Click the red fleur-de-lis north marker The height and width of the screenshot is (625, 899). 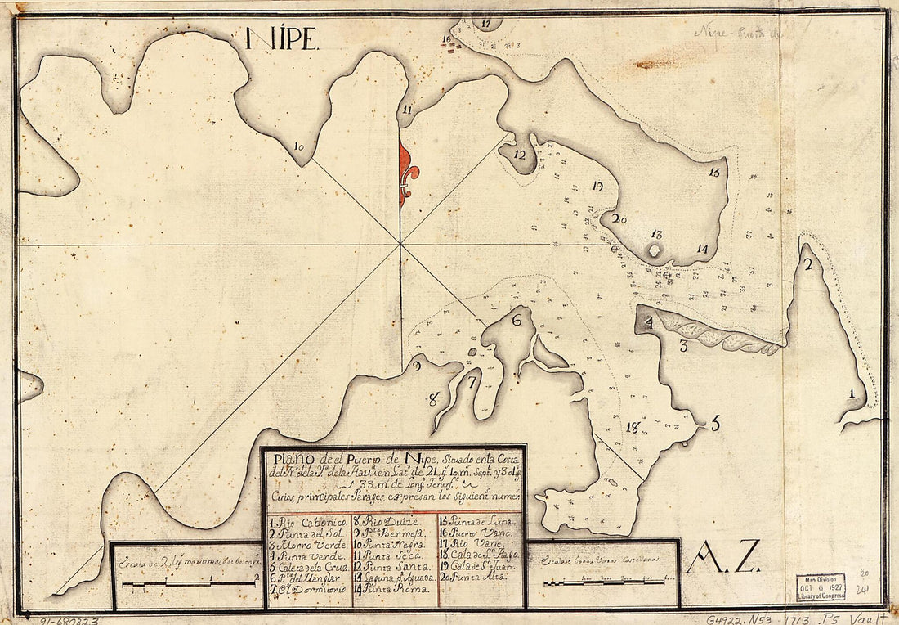pyautogui.click(x=407, y=172)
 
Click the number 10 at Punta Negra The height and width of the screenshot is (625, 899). pyautogui.click(x=299, y=147)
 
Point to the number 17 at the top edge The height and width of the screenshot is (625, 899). pyautogui.click(x=487, y=23)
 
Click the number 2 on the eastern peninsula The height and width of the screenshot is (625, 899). pyautogui.click(x=807, y=264)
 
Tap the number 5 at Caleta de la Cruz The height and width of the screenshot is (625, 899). pyautogui.click(x=715, y=424)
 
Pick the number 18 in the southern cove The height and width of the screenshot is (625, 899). pyautogui.click(x=631, y=427)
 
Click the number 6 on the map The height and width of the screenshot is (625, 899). pyautogui.click(x=517, y=321)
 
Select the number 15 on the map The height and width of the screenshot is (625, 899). pyautogui.click(x=715, y=173)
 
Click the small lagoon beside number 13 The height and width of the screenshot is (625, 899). pyautogui.click(x=655, y=251)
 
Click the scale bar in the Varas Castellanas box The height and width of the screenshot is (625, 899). pyautogui.click(x=604, y=582)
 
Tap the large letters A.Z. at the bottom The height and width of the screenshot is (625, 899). pyautogui.click(x=725, y=558)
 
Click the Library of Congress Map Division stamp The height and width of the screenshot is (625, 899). pyautogui.click(x=822, y=587)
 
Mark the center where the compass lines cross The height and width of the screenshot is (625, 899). pyautogui.click(x=400, y=243)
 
